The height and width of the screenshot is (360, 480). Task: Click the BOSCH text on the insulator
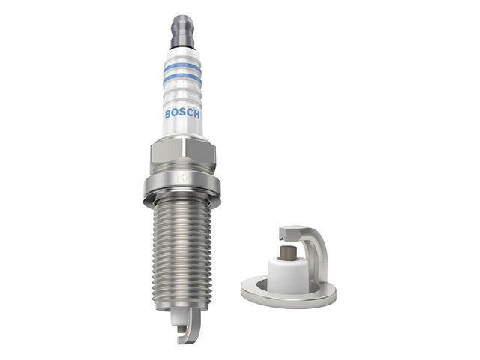point(182,114)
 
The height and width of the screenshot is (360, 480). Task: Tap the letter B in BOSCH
point(168,115)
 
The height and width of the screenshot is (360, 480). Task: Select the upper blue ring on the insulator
point(182,68)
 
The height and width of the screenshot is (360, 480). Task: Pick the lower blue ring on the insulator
point(182,79)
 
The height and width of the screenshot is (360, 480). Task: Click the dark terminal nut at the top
point(182,31)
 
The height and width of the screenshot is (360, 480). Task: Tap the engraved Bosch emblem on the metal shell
point(180,178)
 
